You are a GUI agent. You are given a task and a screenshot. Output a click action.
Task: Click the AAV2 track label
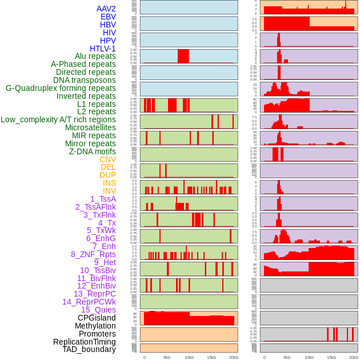pyautogui.click(x=106, y=9)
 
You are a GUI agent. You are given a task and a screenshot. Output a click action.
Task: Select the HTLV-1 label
pyautogui.click(x=102, y=49)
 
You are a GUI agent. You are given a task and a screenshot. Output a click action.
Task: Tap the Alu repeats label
pyautogui.click(x=95, y=57)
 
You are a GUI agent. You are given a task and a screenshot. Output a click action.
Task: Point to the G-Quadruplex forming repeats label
pyautogui.click(x=61, y=88)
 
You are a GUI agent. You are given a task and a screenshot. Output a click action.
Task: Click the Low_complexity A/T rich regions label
pyautogui.click(x=58, y=119)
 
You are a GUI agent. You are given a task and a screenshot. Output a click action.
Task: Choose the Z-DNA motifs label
pyautogui.click(x=92, y=151)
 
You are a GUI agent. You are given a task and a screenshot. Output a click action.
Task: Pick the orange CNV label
pyautogui.click(x=107, y=159)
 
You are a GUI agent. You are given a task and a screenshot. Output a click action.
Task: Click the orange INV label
pyautogui.click(x=109, y=191)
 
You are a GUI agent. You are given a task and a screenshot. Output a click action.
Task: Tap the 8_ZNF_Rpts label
pyautogui.click(x=93, y=254)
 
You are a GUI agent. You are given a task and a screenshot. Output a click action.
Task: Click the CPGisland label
pyautogui.click(x=97, y=318)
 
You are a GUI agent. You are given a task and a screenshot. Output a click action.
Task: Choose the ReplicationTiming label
pyautogui.click(x=84, y=342)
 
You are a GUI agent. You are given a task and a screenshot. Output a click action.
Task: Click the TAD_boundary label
pyautogui.click(x=89, y=349)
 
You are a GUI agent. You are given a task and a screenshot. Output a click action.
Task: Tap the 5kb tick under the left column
pyautogui.click(x=167, y=358)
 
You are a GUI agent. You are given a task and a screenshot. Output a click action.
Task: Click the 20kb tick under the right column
pyautogui.click(x=354, y=358)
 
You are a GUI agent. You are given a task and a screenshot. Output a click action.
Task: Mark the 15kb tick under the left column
pyautogui.click(x=211, y=358)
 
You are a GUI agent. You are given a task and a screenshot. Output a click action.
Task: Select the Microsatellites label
pyautogui.click(x=90, y=127)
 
